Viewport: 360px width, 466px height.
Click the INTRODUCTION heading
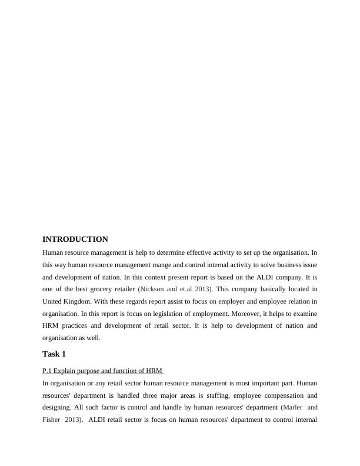(75, 239)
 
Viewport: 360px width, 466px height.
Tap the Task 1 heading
(54, 354)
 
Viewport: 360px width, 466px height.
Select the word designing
(58, 408)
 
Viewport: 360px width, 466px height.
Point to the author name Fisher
(52, 420)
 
